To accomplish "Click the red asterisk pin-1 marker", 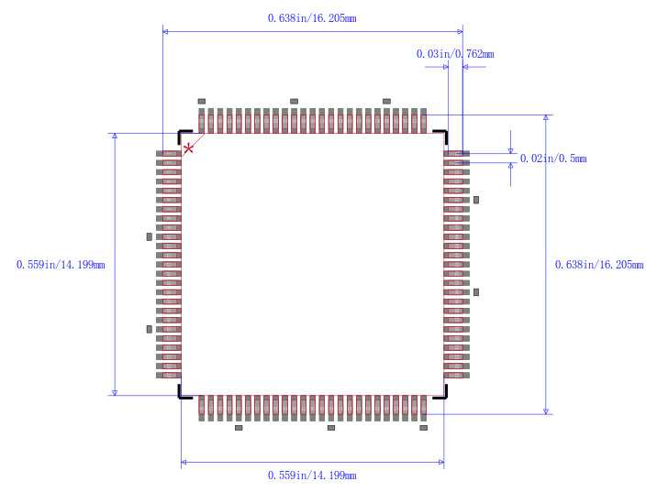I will (189, 148).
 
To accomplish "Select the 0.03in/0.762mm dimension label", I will (454, 54).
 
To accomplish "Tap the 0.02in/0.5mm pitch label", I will (552, 159).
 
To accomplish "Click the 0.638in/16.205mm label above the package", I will (312, 18).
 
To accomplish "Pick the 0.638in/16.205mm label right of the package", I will (599, 265).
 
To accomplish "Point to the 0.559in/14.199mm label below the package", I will (312, 476).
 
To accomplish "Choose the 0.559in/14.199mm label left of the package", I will (61, 265).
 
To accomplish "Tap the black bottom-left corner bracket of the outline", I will (183, 395).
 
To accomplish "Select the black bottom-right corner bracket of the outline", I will (442, 395).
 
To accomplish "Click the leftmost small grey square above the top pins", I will (202, 101).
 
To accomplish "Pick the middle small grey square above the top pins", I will (294, 101).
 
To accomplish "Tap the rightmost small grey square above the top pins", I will (386, 101).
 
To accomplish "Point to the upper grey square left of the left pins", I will (149, 236).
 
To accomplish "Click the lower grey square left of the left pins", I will (149, 329).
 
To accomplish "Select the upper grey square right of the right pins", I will (476, 199).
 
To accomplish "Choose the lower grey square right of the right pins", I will (476, 292).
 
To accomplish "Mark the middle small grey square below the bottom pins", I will (331, 428).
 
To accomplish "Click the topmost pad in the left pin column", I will (170, 154).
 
